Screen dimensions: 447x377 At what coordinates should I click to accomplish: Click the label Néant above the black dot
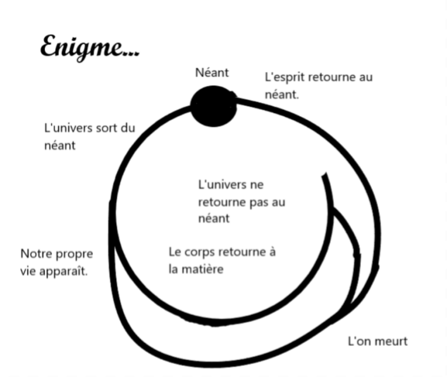click(x=212, y=72)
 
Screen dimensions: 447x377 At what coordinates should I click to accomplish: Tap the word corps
click(x=199, y=252)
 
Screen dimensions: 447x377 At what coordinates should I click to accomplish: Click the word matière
click(x=205, y=269)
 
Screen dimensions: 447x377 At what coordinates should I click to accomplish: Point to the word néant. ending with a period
click(x=282, y=95)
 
